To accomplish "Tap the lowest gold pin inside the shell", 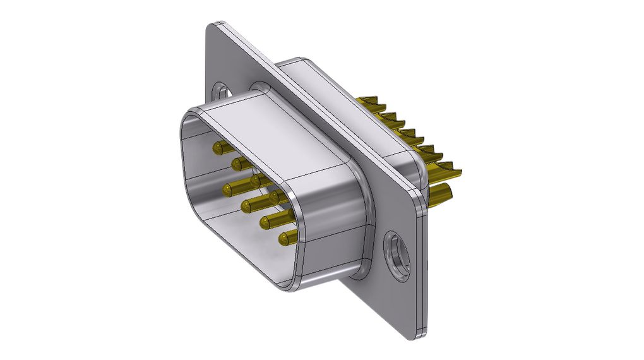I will click(286, 239).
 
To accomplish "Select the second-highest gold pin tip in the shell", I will click(238, 164).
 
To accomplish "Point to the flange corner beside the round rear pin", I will click(420, 205).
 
